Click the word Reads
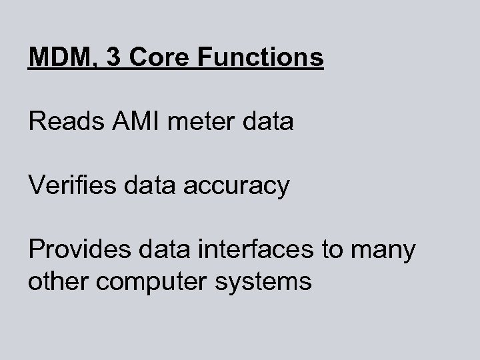coord(61,122)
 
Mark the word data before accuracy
coord(145,186)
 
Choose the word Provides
coord(76,250)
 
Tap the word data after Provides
coord(157,250)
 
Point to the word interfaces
coord(257,250)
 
